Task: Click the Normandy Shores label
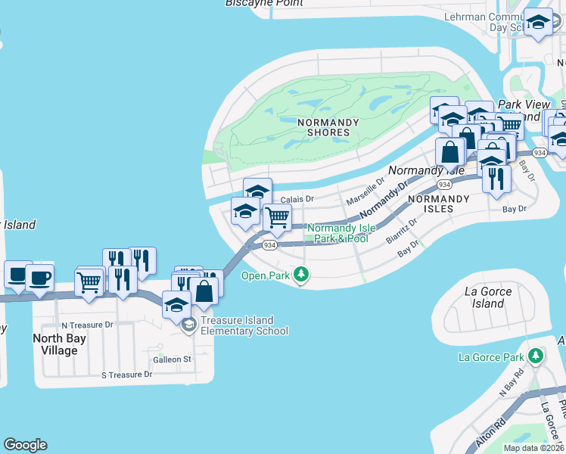(x=323, y=127)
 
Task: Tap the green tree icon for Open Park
(x=301, y=275)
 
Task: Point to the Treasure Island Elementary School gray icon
(x=188, y=325)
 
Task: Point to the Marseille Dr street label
(x=365, y=193)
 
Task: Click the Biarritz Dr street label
(x=402, y=230)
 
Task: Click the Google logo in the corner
(x=25, y=445)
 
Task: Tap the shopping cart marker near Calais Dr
(x=278, y=218)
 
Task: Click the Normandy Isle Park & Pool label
(x=337, y=233)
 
